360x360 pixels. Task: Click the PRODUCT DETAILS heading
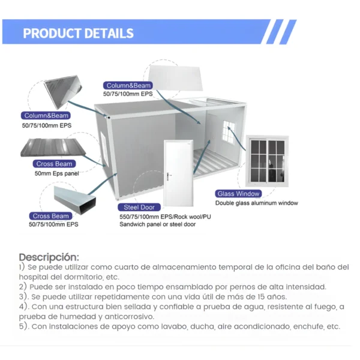click(x=78, y=32)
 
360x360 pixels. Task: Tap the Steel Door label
click(x=140, y=207)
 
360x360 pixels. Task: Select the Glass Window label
click(x=239, y=194)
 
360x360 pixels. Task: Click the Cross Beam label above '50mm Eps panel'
click(x=55, y=164)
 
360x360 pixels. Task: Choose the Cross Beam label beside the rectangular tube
click(x=51, y=216)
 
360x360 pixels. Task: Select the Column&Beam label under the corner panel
click(x=46, y=116)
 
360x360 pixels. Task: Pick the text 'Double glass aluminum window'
click(x=257, y=203)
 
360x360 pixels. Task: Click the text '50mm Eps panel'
click(x=56, y=173)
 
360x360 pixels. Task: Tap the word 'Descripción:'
click(x=49, y=257)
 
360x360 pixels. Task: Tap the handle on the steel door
click(x=170, y=175)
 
